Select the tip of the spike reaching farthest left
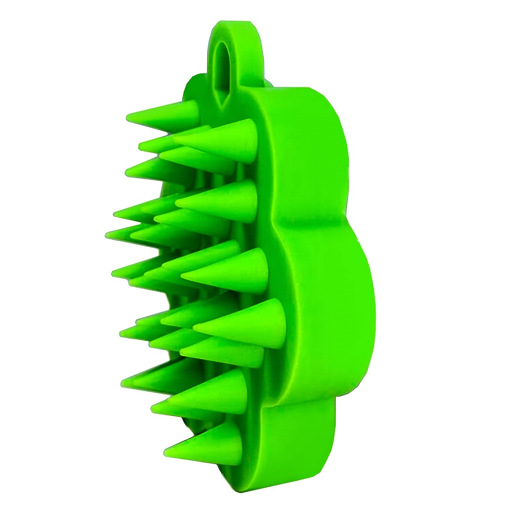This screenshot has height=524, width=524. pos(108,234)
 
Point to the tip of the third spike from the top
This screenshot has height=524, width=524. pos(127,172)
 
